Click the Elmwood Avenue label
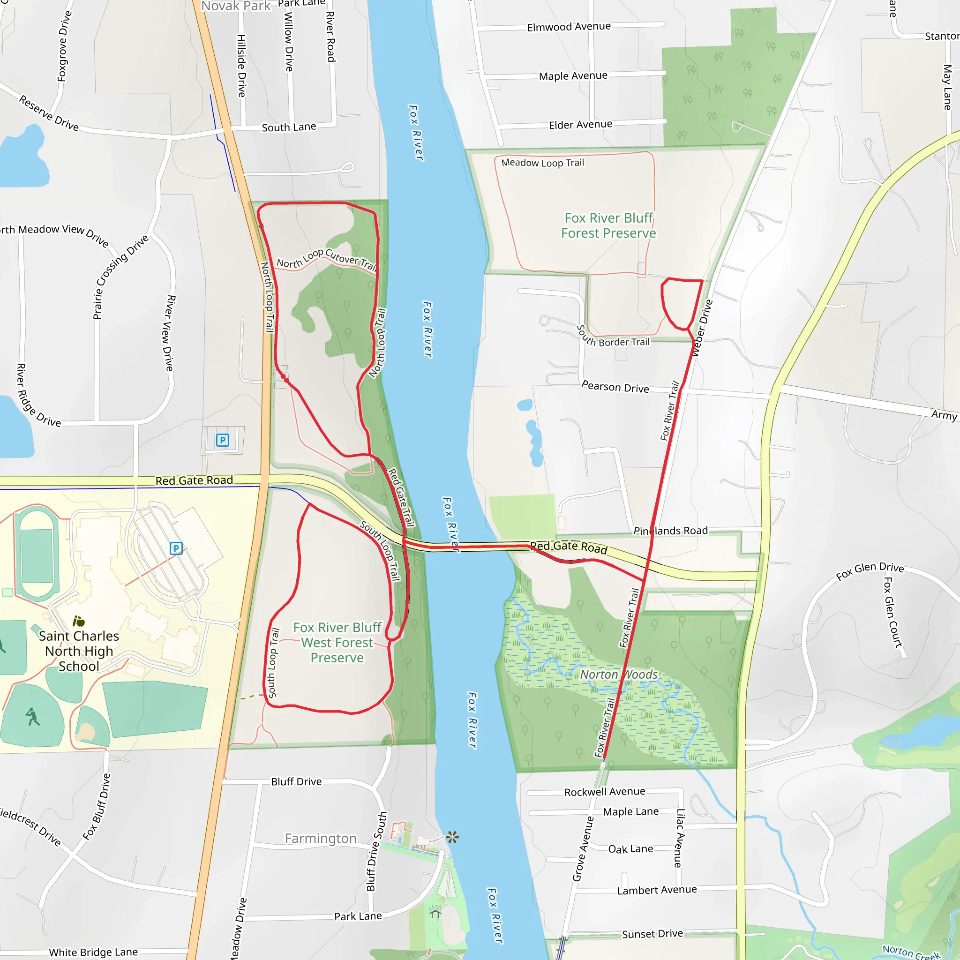pos(569,26)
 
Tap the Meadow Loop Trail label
pos(543,163)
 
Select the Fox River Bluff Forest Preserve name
pos(609,225)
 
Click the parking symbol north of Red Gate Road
pos(222,440)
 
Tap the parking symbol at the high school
pos(176,548)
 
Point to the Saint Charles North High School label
pos(79,651)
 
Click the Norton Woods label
pos(619,674)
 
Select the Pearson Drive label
pos(615,387)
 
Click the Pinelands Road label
pos(670,531)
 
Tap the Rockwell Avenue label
pos(605,792)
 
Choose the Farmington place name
pos(321,838)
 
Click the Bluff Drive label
pos(296,781)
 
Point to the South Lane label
pos(289,127)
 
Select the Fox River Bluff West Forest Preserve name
pos(337,643)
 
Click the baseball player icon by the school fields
pos(32,716)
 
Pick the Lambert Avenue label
pos(657,890)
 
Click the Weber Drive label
pos(702,328)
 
